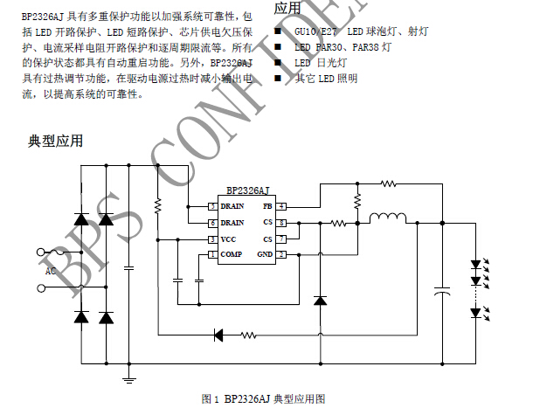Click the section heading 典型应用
[56, 141]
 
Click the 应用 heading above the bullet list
[287, 8]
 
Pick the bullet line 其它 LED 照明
[326, 78]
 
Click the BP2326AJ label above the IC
[247, 190]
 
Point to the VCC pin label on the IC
[228, 239]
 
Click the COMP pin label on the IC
[231, 254]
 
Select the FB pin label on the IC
[266, 206]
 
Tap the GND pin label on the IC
[264, 254]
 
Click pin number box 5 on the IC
[211, 206]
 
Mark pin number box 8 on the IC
[282, 223]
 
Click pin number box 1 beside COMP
[211, 254]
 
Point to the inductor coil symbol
[388, 218]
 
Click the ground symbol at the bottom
[129, 377]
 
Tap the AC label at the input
[51, 272]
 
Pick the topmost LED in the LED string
[475, 263]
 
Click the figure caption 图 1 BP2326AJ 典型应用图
[263, 398]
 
